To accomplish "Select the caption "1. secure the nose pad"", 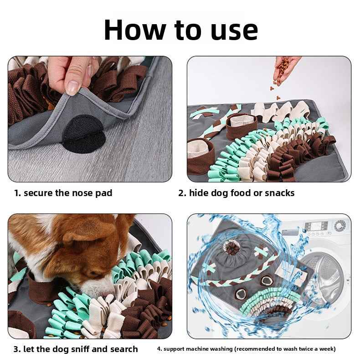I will click(x=63, y=193).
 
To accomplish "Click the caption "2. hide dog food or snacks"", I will click(x=236, y=193).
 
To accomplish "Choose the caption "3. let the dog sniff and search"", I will click(x=75, y=349).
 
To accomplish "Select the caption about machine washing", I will click(x=246, y=349).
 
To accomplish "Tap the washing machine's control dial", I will click(x=339, y=226).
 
